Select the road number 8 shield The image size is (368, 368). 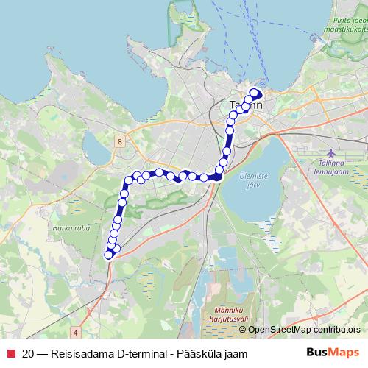(118, 139)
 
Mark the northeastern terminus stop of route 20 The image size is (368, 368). (255, 93)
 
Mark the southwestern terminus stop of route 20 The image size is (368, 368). (109, 255)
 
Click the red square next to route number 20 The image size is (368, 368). (11, 353)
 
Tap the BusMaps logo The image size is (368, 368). (332, 353)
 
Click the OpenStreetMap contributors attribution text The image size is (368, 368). (304, 330)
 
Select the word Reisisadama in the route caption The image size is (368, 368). (82, 353)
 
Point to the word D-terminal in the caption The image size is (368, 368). (141, 353)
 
